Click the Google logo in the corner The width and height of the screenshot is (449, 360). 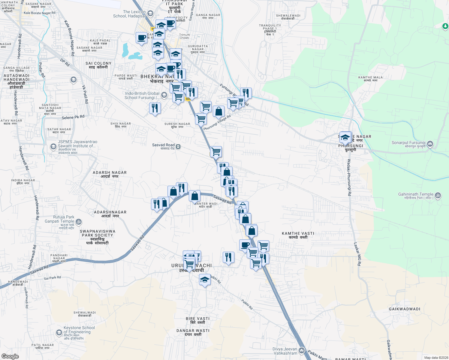point(10,356)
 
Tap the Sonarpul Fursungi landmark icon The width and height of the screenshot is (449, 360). point(430,144)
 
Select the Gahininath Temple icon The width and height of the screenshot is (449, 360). point(438,196)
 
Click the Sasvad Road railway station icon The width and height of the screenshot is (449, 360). point(178,147)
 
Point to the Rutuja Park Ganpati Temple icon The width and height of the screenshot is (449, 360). point(78,222)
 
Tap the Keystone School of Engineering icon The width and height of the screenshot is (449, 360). point(59,332)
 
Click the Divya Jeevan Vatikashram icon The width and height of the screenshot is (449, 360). point(302,350)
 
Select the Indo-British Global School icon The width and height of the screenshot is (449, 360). point(164,95)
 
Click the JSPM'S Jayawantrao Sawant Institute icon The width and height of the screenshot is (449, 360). point(53,147)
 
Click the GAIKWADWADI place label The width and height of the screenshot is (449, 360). point(404,309)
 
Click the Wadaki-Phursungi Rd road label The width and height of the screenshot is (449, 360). point(349,178)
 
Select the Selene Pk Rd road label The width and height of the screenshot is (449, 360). point(73,117)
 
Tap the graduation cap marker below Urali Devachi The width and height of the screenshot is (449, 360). point(205,280)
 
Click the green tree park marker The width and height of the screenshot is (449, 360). point(445,26)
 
